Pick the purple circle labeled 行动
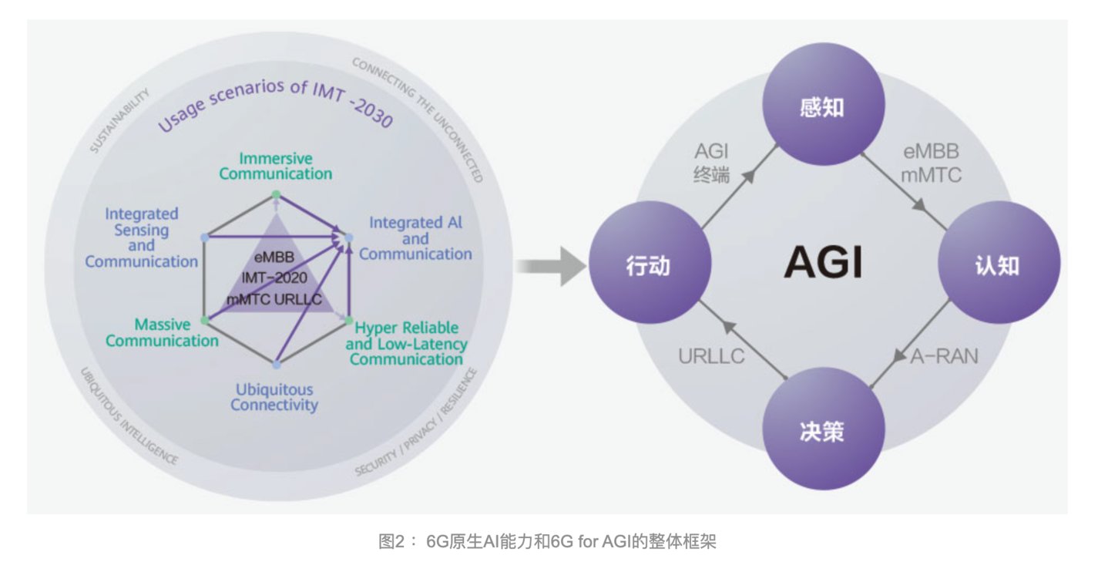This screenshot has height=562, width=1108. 648,266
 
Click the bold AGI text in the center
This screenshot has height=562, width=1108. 823,264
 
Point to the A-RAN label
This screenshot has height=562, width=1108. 944,356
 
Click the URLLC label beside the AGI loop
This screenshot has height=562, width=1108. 711,357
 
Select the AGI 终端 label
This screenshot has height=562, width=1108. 711,163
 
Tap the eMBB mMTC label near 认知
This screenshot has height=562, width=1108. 931,163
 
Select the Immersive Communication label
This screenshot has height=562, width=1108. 275,166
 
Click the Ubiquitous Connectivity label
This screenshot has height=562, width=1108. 274,397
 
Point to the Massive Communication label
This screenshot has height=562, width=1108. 162,332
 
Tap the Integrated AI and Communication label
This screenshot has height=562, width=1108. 415,238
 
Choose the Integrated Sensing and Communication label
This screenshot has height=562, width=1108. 141,237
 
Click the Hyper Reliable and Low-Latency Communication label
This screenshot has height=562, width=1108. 406,344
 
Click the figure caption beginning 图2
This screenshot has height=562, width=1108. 547,542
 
